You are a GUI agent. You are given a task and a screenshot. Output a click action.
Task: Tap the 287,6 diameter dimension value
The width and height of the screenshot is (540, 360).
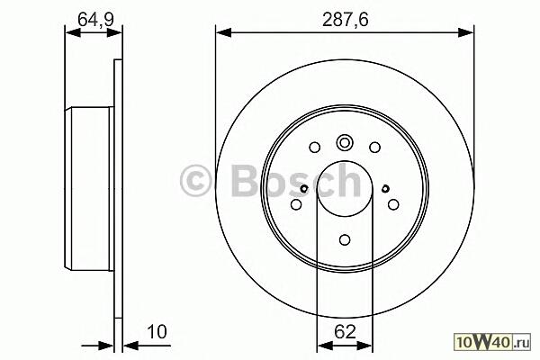[x=346, y=19]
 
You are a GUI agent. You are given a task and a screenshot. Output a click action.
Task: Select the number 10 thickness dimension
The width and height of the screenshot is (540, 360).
[x=157, y=332]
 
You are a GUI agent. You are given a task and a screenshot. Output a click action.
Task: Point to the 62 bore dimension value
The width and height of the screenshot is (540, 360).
[x=345, y=332]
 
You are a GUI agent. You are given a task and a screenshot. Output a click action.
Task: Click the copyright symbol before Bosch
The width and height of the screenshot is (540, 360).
[x=195, y=180]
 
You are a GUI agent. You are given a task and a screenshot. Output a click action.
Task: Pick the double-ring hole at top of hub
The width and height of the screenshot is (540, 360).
[x=345, y=142]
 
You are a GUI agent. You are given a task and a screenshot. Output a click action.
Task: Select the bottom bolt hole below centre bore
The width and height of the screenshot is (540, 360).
[x=345, y=239]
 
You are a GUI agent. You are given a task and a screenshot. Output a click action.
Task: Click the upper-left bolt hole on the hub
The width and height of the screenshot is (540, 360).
[x=315, y=148]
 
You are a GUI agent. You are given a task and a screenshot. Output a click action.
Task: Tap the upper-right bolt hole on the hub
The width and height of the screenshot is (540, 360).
[x=374, y=148]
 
